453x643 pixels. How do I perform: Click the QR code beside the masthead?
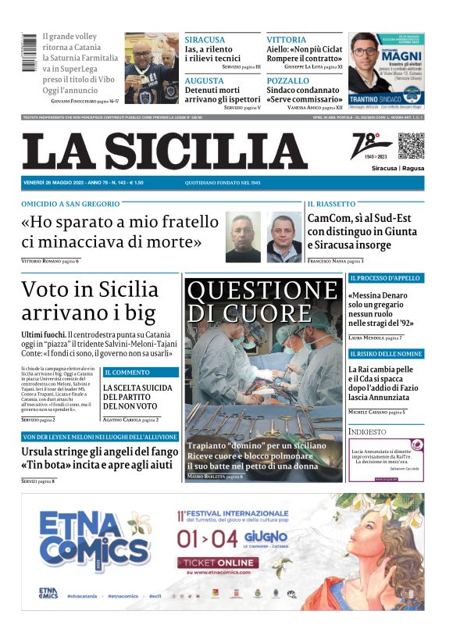click(x=411, y=146)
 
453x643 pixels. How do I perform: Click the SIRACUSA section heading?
click(x=205, y=39)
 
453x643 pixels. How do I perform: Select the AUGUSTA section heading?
click(x=204, y=80)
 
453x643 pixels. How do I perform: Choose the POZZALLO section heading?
click(x=287, y=80)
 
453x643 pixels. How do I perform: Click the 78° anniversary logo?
click(x=373, y=146)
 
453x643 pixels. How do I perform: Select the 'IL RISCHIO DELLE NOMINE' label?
click(x=385, y=354)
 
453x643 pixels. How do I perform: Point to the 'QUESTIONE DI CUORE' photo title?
click(x=263, y=302)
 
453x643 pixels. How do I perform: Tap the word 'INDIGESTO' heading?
click(x=367, y=431)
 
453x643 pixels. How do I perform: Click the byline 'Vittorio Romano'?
click(x=41, y=260)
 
